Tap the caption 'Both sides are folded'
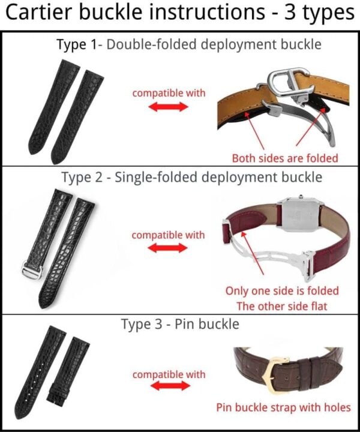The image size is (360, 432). click(x=285, y=158)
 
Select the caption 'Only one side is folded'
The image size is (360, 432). click(x=282, y=291)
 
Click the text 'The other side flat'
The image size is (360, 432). click(x=282, y=306)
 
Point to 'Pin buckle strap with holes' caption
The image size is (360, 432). click(x=283, y=407)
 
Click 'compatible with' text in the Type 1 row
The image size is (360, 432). click(x=169, y=93)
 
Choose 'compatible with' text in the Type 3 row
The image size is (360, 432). click(x=169, y=374)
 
